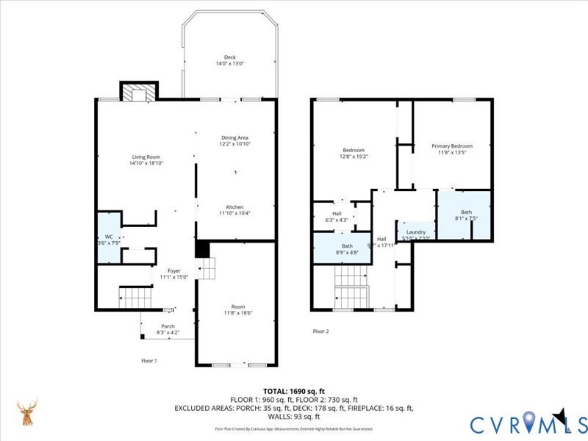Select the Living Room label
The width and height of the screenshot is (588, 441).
click(x=146, y=157)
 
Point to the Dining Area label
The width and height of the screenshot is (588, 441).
click(x=235, y=137)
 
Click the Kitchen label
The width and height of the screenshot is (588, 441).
click(x=234, y=207)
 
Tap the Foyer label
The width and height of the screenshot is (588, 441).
click(x=174, y=270)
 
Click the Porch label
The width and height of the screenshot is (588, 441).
click(x=168, y=326)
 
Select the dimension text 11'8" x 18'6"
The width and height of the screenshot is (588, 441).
click(x=237, y=312)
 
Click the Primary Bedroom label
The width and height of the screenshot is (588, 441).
click(x=451, y=146)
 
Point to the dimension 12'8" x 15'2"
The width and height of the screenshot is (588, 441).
click(x=353, y=156)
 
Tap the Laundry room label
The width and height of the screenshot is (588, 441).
click(x=416, y=232)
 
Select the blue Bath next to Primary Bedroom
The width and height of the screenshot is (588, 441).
click(x=463, y=215)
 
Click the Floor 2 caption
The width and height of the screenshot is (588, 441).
click(x=320, y=331)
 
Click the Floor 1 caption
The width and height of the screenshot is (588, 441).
click(x=149, y=360)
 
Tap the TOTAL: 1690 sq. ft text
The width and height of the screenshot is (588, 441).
click(x=293, y=390)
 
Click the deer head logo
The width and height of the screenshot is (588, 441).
click(x=27, y=413)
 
